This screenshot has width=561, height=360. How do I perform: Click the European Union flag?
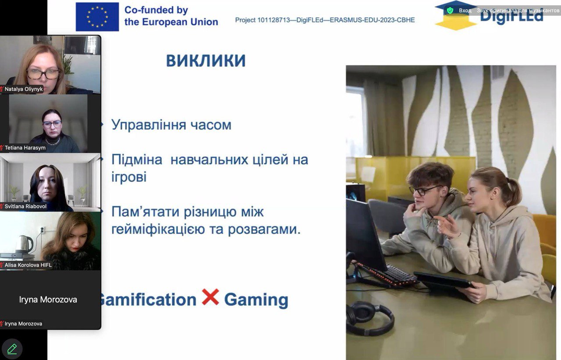pyautogui.click(x=97, y=17)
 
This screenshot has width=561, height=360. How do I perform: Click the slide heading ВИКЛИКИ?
pyautogui.click(x=206, y=60)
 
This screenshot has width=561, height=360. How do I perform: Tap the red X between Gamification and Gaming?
pyautogui.click(x=210, y=297)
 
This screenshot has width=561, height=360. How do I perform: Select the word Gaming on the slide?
pyautogui.click(x=256, y=300)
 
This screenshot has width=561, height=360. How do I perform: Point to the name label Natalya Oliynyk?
pyautogui.click(x=24, y=89)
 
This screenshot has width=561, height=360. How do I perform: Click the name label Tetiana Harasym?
pyautogui.click(x=25, y=148)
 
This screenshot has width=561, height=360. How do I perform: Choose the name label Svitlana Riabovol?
pyautogui.click(x=25, y=207)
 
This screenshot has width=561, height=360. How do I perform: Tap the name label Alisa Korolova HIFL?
pyautogui.click(x=28, y=265)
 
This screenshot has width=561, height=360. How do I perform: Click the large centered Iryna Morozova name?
pyautogui.click(x=48, y=300)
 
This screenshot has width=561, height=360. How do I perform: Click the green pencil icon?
pyautogui.click(x=12, y=349)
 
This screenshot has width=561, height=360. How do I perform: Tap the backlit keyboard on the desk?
pyautogui.click(x=387, y=274)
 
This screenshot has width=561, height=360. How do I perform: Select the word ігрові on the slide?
pyautogui.click(x=129, y=177)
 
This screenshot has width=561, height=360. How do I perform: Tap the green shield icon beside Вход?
pyautogui.click(x=450, y=11)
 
